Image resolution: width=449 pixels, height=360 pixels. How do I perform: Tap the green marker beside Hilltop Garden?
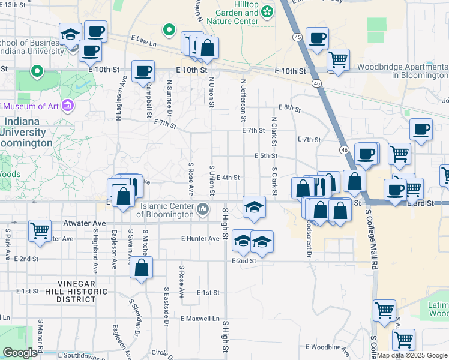pos(267,11)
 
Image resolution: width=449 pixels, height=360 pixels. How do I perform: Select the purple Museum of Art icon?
pos(67,106)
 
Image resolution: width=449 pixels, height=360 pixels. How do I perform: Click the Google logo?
pos(20,353)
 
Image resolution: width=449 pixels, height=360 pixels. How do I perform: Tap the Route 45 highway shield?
pos(298,37)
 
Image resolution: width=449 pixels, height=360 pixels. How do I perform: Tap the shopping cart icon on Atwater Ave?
pos(40,230)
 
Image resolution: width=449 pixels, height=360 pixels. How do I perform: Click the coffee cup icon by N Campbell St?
pos(143,71)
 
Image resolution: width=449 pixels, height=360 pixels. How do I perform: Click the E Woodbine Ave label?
pos(328,347)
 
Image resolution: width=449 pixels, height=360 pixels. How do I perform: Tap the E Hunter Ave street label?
pos(200,238)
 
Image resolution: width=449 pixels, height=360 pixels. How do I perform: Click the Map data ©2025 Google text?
pos(411,355)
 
